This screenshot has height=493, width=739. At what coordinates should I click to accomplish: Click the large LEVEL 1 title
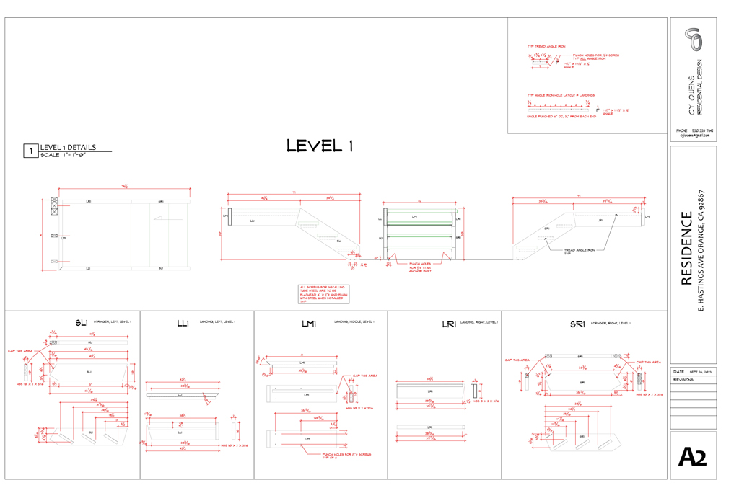pyautogui.click(x=320, y=146)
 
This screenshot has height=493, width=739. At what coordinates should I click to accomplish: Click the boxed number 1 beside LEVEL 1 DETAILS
pyautogui.click(x=30, y=151)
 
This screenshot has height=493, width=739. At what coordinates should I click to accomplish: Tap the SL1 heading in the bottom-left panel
pyautogui.click(x=81, y=322)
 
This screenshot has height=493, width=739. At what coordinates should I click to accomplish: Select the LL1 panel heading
pyautogui.click(x=182, y=324)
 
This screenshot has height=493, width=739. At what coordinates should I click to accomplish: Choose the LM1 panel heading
pyautogui.click(x=309, y=324)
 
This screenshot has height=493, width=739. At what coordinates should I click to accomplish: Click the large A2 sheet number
pyautogui.click(x=692, y=457)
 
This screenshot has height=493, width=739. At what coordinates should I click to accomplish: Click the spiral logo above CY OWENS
pyautogui.click(x=694, y=40)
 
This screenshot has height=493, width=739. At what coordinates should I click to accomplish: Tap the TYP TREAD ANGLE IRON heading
pyautogui.click(x=546, y=46)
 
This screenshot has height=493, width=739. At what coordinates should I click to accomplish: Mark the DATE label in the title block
pyautogui.click(x=678, y=371)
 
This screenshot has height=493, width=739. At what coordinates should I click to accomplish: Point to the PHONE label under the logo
pyautogui.click(x=682, y=130)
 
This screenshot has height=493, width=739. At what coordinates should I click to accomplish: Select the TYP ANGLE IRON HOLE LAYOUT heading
pyautogui.click(x=559, y=95)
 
